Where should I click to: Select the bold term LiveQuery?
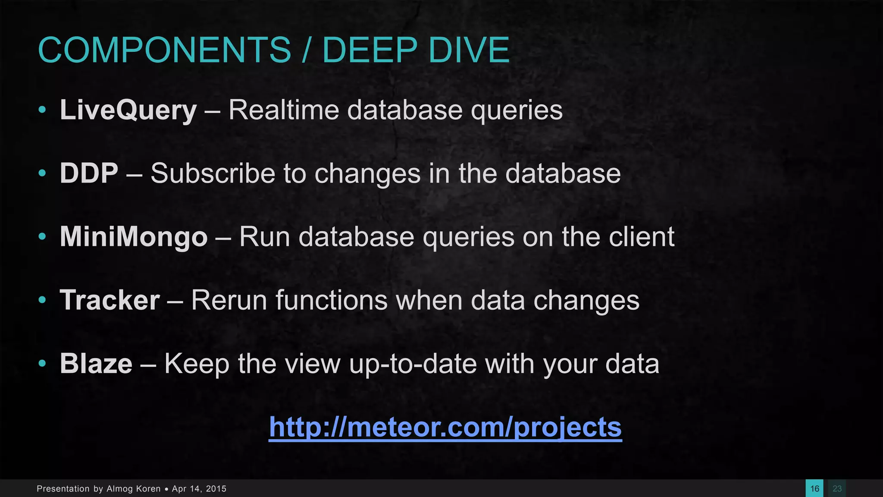pos(128,110)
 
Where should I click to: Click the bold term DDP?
pos(89,173)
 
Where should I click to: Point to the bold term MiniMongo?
pos(134,237)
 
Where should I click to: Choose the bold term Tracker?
pos(110,300)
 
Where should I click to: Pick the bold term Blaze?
pos(96,364)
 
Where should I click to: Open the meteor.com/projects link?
pos(445,427)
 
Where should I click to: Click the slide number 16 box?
pos(814,488)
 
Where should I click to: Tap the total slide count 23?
pos(837,488)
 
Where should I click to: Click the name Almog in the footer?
pos(119,489)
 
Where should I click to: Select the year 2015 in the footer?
pos(216,489)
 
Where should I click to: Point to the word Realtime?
pos(284,110)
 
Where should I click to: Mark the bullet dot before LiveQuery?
pos(42,110)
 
